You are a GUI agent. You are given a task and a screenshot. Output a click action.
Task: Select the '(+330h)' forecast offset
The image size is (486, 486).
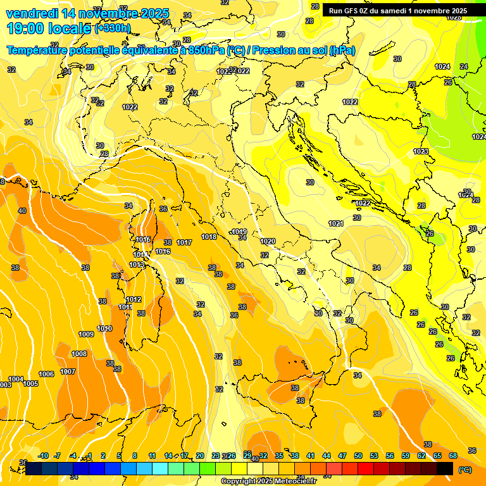(x=113, y=28)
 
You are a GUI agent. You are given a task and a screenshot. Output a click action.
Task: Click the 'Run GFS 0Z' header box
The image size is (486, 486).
(x=397, y=11)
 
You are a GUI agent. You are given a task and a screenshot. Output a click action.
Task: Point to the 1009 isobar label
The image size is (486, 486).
(x=86, y=334)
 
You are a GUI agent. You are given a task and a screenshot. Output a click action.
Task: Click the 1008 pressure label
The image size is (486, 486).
(x=79, y=354)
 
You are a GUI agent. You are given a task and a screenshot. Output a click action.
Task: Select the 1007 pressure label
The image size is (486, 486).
(x=68, y=371)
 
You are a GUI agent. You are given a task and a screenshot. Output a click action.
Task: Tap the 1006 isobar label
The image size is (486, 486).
(x=46, y=374)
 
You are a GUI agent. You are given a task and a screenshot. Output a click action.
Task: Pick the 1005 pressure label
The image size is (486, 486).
(x=30, y=383)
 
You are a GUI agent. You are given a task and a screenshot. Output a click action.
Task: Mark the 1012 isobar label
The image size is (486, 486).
(x=134, y=299)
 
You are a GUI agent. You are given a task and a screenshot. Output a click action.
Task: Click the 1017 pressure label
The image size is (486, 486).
(x=184, y=242)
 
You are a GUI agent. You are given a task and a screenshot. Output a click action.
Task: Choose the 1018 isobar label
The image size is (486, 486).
(x=209, y=237)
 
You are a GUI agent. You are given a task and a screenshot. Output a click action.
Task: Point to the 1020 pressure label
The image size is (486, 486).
(x=268, y=241)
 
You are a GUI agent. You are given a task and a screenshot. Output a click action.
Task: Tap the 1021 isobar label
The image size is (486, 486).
(x=336, y=223)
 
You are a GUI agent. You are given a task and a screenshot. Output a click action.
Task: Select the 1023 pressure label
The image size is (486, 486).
(x=421, y=151)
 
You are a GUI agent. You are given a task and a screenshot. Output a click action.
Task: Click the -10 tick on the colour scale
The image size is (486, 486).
(x=44, y=456)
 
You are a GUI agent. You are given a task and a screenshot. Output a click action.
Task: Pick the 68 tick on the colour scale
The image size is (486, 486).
(x=453, y=456)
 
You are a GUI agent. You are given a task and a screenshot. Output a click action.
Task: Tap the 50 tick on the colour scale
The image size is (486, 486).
(x=358, y=456)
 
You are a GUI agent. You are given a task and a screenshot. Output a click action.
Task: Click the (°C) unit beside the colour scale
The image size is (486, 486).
(x=465, y=470)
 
